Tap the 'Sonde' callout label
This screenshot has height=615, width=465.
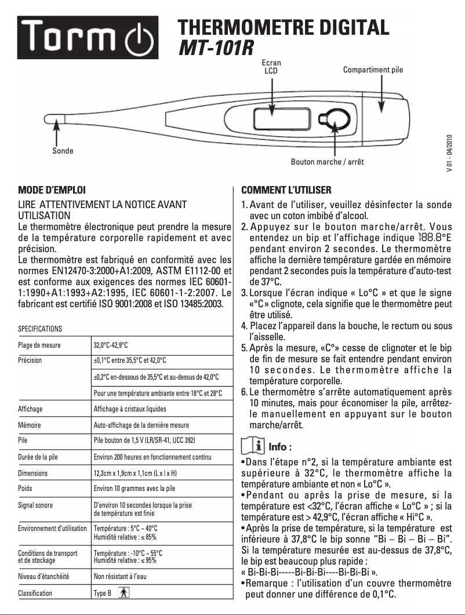[63, 151]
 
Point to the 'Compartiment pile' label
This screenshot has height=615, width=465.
[373, 70]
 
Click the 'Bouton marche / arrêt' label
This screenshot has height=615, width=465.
[327, 162]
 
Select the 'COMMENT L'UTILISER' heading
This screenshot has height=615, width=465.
[286, 190]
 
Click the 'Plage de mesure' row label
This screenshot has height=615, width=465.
[39, 345]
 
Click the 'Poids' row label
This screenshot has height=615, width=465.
[26, 488]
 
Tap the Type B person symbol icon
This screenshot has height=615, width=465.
[122, 593]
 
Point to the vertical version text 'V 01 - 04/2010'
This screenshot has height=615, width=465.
[449, 153]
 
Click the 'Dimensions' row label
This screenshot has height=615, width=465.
[32, 473]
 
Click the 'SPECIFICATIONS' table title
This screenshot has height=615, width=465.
[40, 329]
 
